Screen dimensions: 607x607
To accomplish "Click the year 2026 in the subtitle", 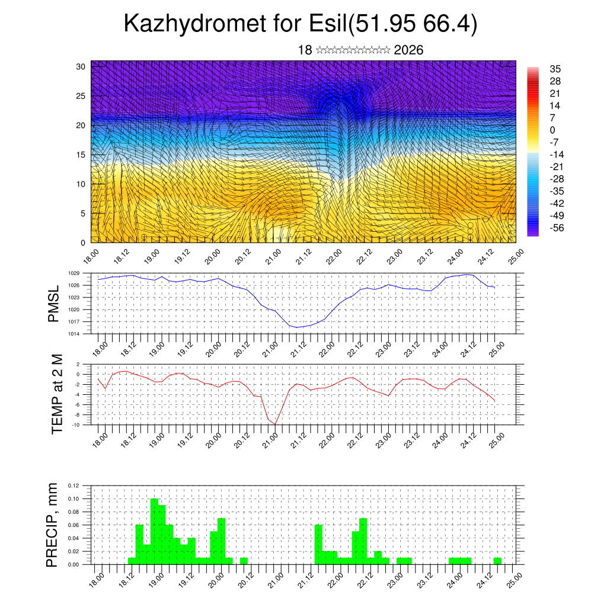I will (x=408, y=50).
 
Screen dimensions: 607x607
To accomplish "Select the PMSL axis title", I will (x=54, y=303).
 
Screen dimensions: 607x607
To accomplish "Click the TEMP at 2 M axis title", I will (x=56, y=394).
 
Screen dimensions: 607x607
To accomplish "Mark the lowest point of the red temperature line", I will (x=275, y=424).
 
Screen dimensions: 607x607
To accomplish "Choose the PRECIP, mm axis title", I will (x=53, y=525).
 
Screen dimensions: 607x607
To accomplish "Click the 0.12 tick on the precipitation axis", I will (x=74, y=485).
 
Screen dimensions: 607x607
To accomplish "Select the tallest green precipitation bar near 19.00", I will (x=154, y=531).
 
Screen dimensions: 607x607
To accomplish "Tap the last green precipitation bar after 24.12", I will (x=497, y=561).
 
